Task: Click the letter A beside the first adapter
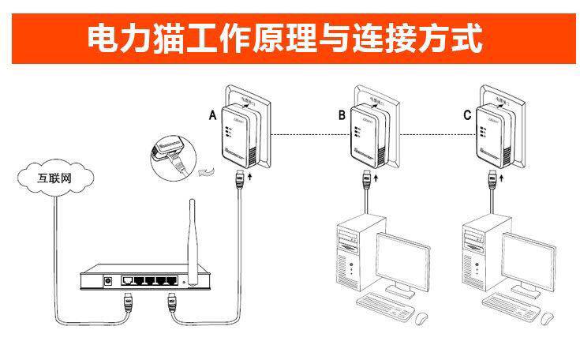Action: coord(212,116)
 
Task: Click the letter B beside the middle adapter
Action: coord(342,116)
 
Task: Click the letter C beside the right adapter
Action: coord(468,116)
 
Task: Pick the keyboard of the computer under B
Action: coord(384,304)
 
